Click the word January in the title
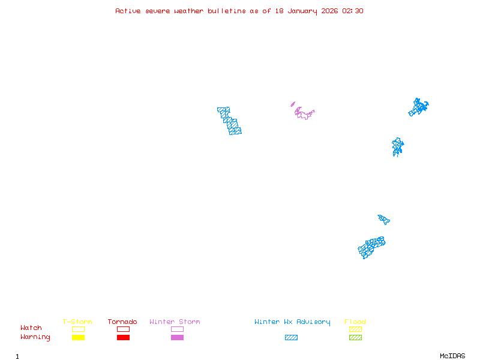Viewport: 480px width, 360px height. (303, 11)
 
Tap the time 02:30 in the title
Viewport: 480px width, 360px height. (353, 11)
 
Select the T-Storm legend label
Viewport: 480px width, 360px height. (77, 322)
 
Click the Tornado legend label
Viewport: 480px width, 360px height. (122, 322)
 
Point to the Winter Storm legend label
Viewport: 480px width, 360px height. (175, 322)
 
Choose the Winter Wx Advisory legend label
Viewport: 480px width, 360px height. (292, 322)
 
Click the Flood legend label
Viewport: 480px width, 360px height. (355, 322)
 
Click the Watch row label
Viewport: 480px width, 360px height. (31, 328)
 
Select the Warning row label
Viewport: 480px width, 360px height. (35, 337)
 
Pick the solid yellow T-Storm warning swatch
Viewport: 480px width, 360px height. (78, 338)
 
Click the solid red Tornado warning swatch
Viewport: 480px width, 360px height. (123, 338)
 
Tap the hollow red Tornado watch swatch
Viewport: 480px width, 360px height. (123, 329)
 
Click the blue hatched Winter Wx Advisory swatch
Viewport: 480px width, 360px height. (291, 338)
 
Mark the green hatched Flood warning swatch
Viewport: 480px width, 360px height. (355, 338)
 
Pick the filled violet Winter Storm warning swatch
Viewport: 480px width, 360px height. (177, 338)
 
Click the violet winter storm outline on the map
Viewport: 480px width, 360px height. (304, 113)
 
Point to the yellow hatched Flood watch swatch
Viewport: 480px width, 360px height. (355, 329)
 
